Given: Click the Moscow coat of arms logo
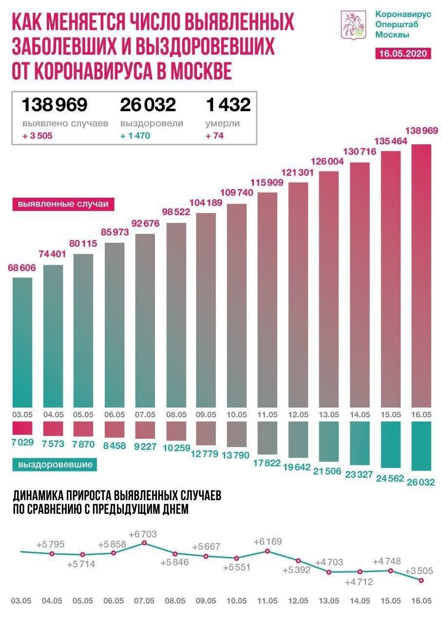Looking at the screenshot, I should tap(353, 26).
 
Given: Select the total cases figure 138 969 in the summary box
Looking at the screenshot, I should tap(54, 104).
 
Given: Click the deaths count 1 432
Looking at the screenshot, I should tap(228, 104).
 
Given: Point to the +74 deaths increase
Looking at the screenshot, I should tap(214, 136).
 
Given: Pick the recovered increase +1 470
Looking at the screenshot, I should tap(135, 136).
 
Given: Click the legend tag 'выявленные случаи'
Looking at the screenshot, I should tap(62, 204).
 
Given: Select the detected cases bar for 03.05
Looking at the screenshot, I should tap(22, 341).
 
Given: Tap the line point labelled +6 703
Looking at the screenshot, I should tap(144, 543).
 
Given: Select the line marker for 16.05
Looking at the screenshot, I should tap(421, 580).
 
